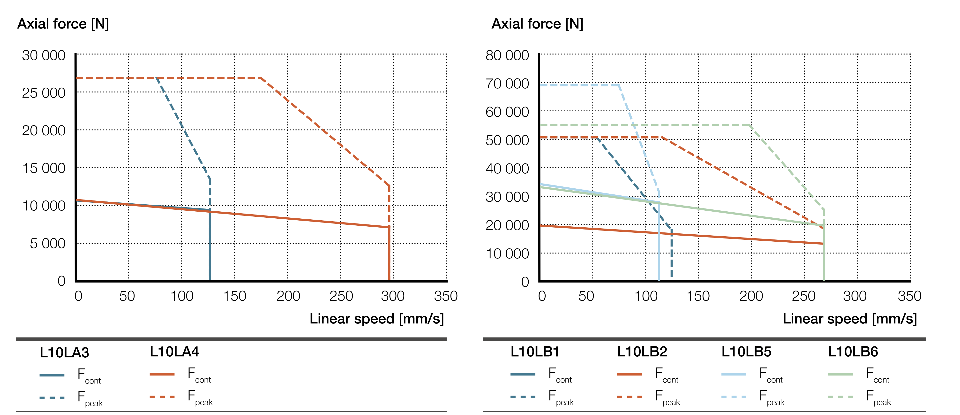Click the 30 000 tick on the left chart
point(44,55)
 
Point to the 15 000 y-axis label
point(44,168)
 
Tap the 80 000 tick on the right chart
point(507,55)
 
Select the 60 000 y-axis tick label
point(507,112)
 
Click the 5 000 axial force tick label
point(47,244)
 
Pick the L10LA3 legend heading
point(64,352)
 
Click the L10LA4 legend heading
point(174,352)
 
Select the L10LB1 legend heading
point(535,352)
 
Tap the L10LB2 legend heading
point(642,352)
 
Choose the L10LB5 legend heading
point(746,352)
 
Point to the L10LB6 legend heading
point(853,352)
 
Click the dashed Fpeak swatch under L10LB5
point(733,397)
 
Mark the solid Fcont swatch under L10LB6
point(840,374)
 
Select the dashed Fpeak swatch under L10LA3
point(52,398)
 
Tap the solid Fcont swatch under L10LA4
point(162,374)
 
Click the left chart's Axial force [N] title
point(63,24)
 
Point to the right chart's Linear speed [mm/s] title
point(849,319)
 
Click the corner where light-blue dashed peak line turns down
point(619,85)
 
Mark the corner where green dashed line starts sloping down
point(749,125)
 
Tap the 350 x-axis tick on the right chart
point(909,296)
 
